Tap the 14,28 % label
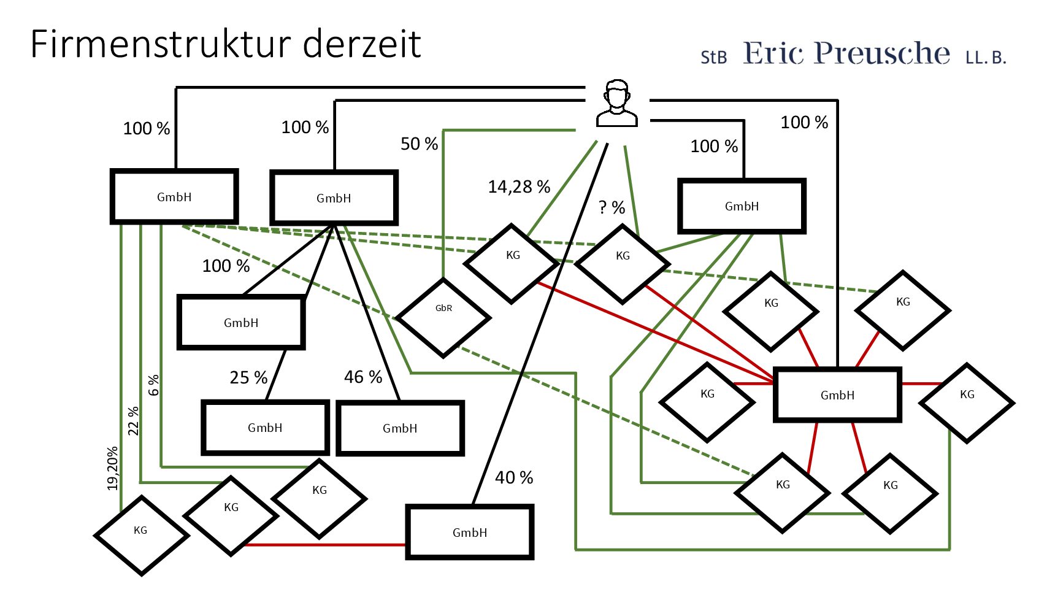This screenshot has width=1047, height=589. [x=519, y=187]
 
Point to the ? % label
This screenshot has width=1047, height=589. [x=612, y=207]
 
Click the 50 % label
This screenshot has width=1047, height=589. [x=419, y=144]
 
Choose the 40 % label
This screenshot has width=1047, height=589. [x=514, y=477]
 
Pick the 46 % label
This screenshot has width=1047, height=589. [x=363, y=377]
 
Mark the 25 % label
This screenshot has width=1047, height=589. [x=248, y=377]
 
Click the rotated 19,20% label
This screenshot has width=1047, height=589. [x=112, y=468]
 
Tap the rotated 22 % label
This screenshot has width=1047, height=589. [x=134, y=421]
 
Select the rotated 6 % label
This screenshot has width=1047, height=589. [x=153, y=385]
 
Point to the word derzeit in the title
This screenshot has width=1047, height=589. [x=362, y=44]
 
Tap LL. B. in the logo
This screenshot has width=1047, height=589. [x=986, y=58]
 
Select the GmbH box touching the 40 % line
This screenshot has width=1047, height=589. [x=470, y=532]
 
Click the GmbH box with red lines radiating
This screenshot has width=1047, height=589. [x=837, y=395]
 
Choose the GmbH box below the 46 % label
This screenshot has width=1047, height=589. [x=400, y=428]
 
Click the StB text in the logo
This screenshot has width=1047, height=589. [x=713, y=58]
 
